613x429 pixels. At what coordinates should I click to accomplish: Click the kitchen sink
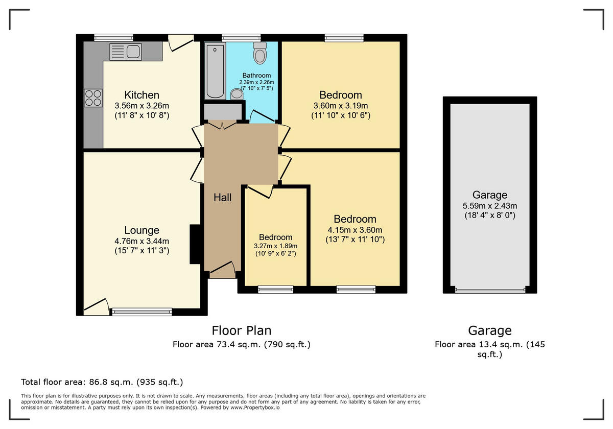pyautogui.click(x=126, y=52)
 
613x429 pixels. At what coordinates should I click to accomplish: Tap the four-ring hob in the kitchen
pyautogui.click(x=93, y=97)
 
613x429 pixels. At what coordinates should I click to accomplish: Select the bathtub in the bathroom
pyautogui.click(x=215, y=71)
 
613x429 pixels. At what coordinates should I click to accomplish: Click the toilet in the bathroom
pyautogui.click(x=260, y=53)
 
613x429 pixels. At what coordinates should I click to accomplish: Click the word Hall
pyautogui.click(x=222, y=197)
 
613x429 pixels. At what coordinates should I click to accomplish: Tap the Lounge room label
pyautogui.click(x=142, y=230)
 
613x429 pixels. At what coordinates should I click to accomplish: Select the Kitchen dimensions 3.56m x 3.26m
pyautogui.click(x=142, y=106)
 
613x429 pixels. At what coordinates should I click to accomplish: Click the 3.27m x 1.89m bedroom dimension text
pyautogui.click(x=275, y=246)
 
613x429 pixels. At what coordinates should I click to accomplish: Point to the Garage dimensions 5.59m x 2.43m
pyautogui.click(x=489, y=206)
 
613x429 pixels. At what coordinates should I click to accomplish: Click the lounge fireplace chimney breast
pyautogui.click(x=195, y=244)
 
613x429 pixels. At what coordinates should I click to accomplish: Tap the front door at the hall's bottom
pyautogui.click(x=222, y=269)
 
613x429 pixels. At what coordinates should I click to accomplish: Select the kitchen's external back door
pyautogui.click(x=180, y=43)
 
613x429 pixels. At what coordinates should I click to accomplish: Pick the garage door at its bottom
pyautogui.click(x=489, y=291)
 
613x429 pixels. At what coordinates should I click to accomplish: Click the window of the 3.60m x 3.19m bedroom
pyautogui.click(x=344, y=37)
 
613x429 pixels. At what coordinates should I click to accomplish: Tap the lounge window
pyautogui.click(x=142, y=312)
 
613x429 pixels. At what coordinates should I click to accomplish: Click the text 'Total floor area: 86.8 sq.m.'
pyautogui.click(x=102, y=382)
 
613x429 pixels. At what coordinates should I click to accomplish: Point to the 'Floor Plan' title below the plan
pyautogui.click(x=241, y=330)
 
